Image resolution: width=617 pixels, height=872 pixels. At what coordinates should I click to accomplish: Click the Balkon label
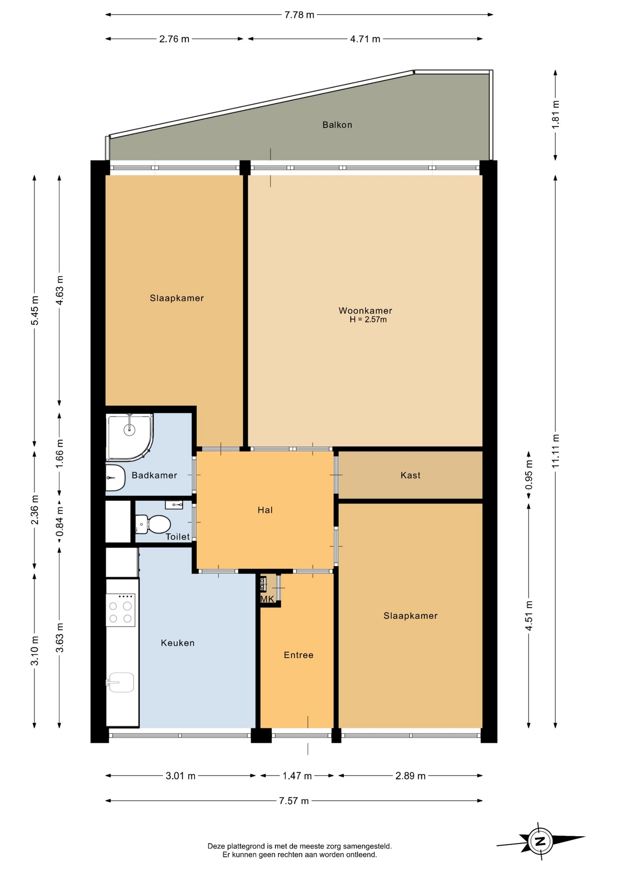337,125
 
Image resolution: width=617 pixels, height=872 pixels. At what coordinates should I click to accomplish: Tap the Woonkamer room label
365,311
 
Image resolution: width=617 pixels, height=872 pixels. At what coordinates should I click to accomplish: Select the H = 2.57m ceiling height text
368,320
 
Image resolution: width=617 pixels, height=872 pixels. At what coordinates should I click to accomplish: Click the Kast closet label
410,476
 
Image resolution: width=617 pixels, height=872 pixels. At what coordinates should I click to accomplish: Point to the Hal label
265,510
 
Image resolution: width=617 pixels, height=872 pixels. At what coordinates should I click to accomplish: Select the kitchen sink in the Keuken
120,682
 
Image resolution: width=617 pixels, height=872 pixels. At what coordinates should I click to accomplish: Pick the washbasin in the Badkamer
115,477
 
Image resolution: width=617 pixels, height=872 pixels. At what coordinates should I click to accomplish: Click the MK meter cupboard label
267,599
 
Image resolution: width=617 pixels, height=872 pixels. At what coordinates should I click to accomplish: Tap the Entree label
299,655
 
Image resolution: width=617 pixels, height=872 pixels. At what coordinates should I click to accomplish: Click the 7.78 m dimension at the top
299,15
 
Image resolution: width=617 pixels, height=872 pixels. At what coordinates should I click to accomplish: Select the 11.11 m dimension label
556,451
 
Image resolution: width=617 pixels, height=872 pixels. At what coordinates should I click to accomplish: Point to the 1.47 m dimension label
297,776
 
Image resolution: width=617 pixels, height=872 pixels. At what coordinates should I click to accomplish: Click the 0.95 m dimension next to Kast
529,475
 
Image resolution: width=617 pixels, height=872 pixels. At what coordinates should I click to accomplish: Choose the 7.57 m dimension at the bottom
294,801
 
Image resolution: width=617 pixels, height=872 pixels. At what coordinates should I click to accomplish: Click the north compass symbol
540,841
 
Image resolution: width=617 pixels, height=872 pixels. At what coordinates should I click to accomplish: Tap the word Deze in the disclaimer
216,846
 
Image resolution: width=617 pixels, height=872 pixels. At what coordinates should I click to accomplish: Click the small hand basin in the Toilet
174,504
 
